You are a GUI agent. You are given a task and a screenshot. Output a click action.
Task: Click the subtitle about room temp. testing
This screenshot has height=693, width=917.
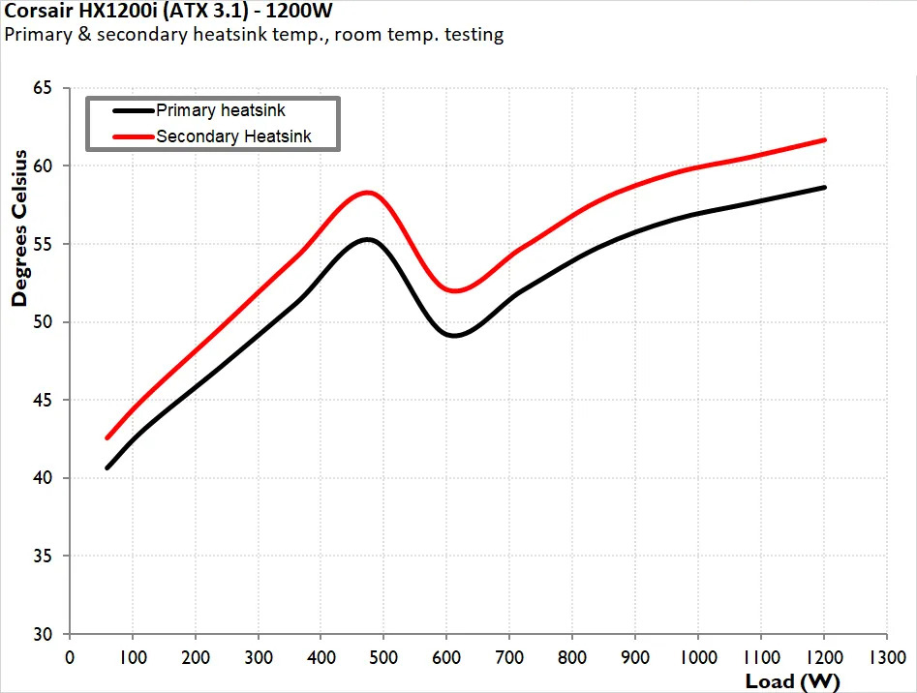point(255,36)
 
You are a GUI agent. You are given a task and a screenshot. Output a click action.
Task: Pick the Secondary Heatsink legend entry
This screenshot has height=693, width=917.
point(233,136)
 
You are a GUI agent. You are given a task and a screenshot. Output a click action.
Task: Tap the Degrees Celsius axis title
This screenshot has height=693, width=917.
point(19,233)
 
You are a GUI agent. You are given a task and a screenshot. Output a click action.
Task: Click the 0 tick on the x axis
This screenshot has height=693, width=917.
point(69,656)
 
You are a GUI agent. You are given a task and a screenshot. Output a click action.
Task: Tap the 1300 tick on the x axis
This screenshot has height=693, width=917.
point(887,656)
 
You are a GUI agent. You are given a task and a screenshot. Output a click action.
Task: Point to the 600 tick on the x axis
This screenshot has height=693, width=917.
point(446,656)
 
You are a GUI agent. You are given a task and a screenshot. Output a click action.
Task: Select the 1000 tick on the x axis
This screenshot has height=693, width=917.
point(698,656)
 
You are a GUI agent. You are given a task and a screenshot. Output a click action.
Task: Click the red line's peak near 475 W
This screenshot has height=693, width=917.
point(367,192)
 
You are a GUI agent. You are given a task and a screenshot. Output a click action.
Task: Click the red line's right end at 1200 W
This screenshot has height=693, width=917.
point(824,140)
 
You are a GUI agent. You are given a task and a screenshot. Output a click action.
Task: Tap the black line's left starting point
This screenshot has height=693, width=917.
point(107,467)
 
